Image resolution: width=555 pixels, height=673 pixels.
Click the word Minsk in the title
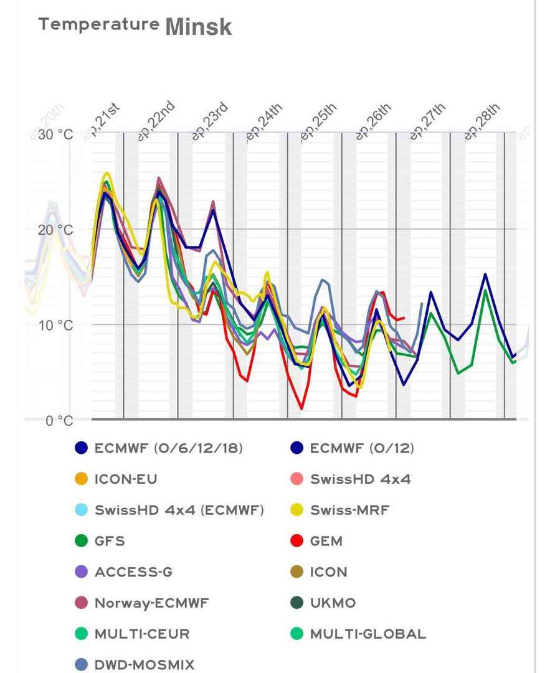coord(199,27)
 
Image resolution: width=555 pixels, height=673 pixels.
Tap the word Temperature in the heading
coord(98,24)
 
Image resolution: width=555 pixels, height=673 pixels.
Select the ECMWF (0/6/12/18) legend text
coord(169,448)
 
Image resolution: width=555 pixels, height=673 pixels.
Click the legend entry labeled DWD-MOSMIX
coord(145,665)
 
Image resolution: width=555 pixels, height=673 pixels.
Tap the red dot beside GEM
coord(297,541)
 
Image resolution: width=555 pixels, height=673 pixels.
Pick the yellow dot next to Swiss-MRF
coord(297,510)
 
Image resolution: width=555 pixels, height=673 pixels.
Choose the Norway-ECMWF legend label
coord(151,603)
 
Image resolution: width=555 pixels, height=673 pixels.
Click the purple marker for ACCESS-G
coord(82,572)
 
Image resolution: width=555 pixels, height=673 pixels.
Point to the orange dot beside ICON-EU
coord(82,479)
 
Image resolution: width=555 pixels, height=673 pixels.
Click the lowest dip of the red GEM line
coord(301,409)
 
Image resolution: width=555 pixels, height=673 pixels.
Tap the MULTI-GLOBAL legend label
coord(368,634)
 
